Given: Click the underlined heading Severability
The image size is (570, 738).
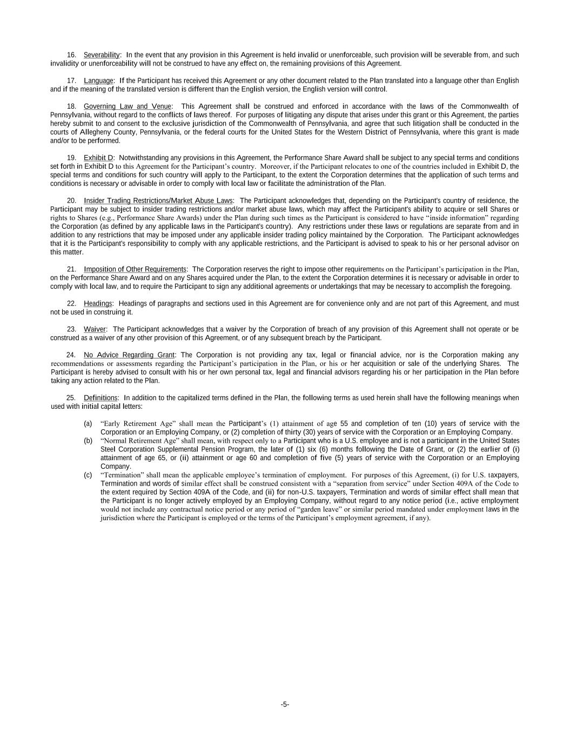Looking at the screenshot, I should click(x=102, y=55).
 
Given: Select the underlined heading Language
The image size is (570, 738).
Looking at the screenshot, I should click(x=98, y=81).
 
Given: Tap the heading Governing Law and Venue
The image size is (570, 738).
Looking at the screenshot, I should click(x=128, y=107).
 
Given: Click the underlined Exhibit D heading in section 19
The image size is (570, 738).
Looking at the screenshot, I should click(x=98, y=158).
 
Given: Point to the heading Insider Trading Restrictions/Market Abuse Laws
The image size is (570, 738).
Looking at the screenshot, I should click(x=158, y=201).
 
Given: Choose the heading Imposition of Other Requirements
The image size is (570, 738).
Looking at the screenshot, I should click(x=135, y=269).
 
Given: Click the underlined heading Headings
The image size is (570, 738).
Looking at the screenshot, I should click(x=98, y=304).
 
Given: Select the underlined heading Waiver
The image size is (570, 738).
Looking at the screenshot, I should click(x=95, y=329).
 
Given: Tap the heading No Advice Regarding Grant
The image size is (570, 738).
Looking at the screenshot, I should click(x=129, y=355).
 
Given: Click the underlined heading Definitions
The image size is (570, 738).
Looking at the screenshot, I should click(x=100, y=398).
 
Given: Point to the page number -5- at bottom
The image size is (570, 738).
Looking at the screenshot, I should click(x=285, y=704).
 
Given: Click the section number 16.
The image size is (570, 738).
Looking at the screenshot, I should click(x=71, y=55).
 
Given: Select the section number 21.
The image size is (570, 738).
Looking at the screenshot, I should click(x=71, y=269).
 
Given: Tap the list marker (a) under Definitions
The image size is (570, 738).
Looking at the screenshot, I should click(x=88, y=424).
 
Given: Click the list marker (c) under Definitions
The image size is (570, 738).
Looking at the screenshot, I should click(x=88, y=475).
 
